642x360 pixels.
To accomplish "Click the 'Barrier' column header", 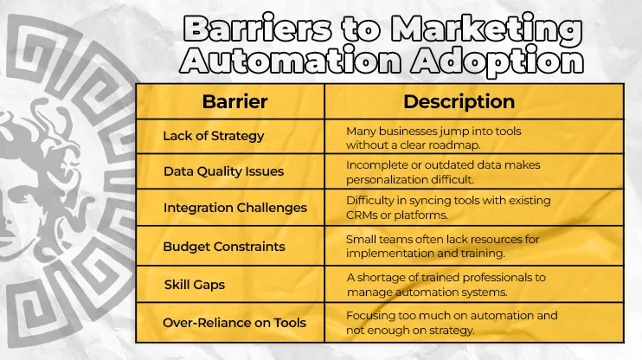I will click(x=234, y=101).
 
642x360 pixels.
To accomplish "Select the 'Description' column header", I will click(x=459, y=101).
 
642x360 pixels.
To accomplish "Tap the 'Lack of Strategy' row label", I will click(x=214, y=136).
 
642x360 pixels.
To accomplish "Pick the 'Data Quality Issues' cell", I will click(x=223, y=171).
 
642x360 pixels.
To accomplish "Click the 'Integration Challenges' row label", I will click(x=234, y=208).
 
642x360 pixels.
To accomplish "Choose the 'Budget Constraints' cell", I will click(x=223, y=247).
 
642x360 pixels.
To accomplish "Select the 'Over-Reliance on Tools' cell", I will click(x=234, y=322).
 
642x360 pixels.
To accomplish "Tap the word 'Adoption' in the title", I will click(x=506, y=62).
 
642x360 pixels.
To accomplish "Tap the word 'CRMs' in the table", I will click(x=363, y=215).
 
